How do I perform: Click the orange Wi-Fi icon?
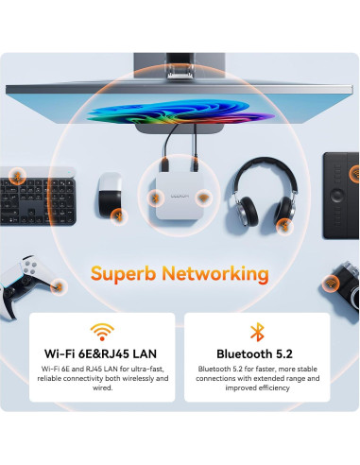pyautogui.click(x=102, y=332)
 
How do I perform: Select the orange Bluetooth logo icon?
pyautogui.click(x=256, y=332)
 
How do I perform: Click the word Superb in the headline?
pyautogui.click(x=128, y=274)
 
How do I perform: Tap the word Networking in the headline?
pyautogui.click(x=218, y=274)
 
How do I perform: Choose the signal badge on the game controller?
pyautogui.click(x=59, y=284)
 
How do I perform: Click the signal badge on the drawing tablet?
pyautogui.click(x=354, y=173)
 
